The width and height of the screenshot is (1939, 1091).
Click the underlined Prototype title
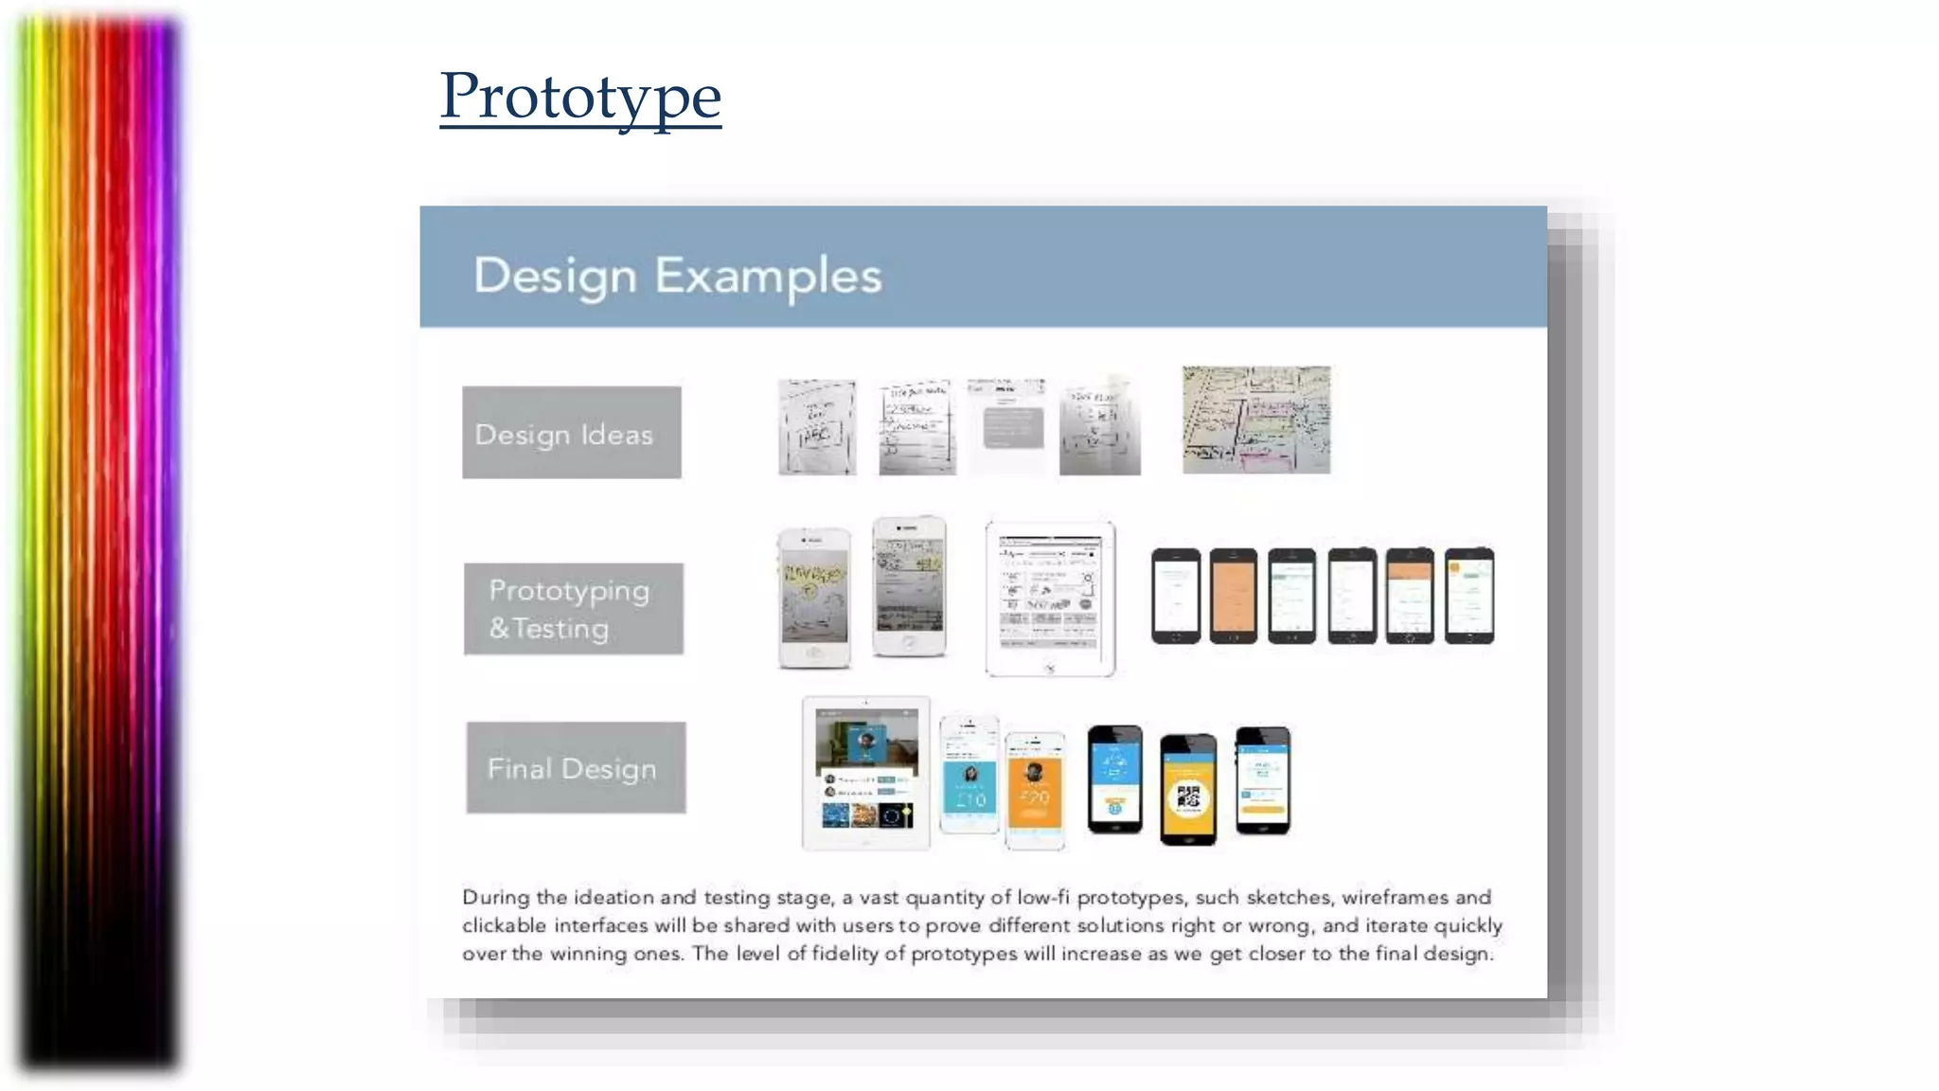point(580,97)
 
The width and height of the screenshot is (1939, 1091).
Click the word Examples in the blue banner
point(768,277)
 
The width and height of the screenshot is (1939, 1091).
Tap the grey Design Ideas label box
point(572,433)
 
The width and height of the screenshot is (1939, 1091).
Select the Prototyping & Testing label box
point(573,609)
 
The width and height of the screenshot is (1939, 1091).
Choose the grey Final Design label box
point(576,768)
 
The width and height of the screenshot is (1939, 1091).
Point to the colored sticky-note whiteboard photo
point(1256,420)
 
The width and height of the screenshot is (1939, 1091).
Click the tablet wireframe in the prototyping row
point(1050,598)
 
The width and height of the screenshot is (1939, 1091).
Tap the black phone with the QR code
point(1188,789)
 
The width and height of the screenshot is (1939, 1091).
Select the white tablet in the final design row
point(865,773)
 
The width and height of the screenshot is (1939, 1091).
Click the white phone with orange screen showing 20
point(1035,790)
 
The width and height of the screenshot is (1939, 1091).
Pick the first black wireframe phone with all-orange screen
point(1233,596)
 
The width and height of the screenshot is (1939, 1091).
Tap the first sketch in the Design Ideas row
point(817,427)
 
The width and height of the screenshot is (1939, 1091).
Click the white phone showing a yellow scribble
point(813,598)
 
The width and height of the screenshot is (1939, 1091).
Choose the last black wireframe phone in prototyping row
point(1468,596)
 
